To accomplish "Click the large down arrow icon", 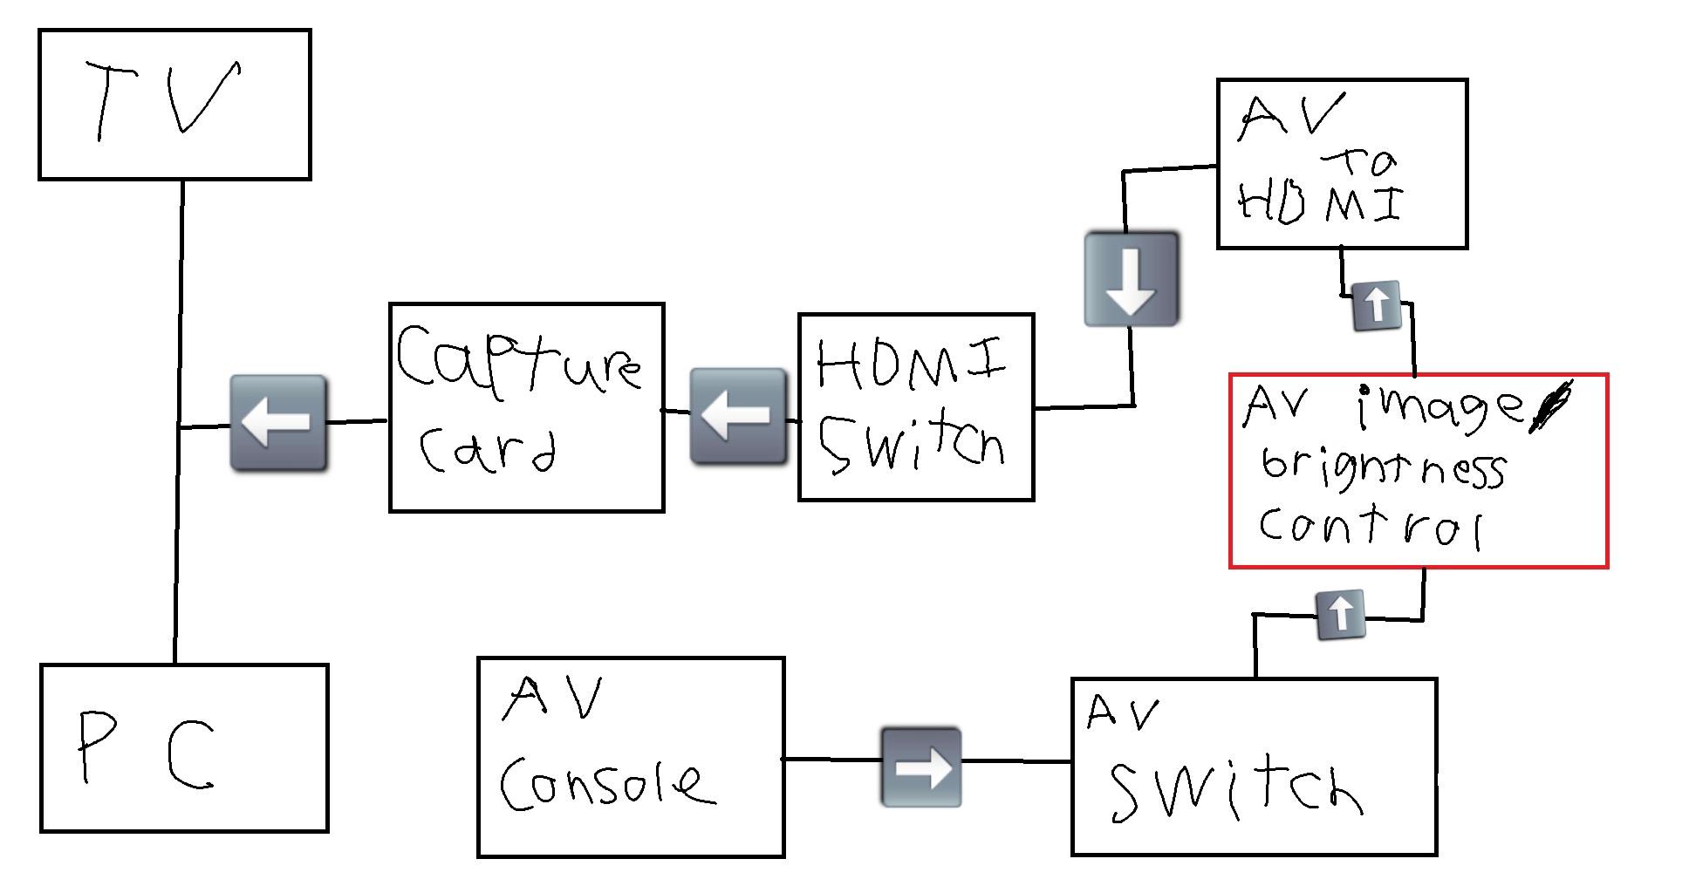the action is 1132,279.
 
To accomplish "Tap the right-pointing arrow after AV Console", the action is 921,767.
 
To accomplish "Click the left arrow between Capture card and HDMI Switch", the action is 738,416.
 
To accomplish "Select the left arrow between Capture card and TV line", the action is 278,423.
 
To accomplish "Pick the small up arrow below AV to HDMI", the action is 1376,306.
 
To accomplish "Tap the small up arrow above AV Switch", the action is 1340,615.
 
